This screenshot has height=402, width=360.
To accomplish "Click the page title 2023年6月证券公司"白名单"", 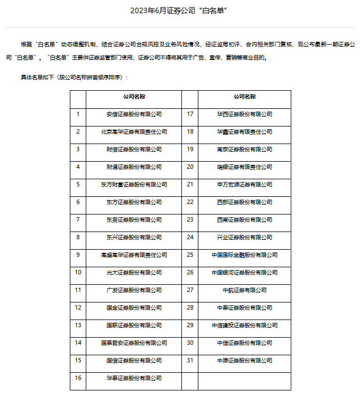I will [x=180, y=10].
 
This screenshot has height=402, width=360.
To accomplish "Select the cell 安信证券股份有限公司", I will [x=134, y=114].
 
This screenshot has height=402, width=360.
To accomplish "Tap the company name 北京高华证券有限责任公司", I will [x=134, y=132].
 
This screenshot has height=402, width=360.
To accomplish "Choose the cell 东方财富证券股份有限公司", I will [x=134, y=185].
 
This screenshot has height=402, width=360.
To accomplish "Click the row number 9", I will [x=78, y=255].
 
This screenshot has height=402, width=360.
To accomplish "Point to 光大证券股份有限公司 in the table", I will [x=134, y=272].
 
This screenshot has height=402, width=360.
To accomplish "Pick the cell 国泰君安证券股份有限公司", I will [x=134, y=343].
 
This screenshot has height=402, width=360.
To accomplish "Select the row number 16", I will [x=78, y=378].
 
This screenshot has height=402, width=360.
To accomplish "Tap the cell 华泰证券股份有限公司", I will [x=134, y=378].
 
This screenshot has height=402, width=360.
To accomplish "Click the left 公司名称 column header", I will [x=134, y=96].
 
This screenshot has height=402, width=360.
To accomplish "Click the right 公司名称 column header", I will [x=245, y=96].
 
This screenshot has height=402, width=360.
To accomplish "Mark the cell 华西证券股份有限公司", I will [x=245, y=114].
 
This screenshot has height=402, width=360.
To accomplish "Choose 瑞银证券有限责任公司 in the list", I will [x=245, y=167].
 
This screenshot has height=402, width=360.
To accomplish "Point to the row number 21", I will [x=190, y=184].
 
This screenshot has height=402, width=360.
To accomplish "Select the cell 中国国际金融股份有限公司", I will [x=245, y=255].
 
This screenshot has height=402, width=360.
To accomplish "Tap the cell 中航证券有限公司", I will [x=245, y=290].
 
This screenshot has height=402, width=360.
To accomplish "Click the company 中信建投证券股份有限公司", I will [x=245, y=325].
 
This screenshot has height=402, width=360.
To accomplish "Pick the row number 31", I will [x=190, y=360].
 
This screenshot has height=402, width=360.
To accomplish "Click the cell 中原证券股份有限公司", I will [x=245, y=360].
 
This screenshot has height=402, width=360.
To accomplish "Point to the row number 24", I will [x=190, y=237].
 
